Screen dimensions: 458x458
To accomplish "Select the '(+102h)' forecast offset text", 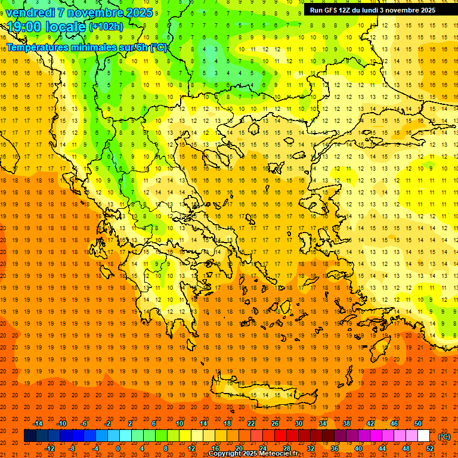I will tap(107, 27).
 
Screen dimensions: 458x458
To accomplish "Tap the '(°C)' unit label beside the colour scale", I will tap(444, 437).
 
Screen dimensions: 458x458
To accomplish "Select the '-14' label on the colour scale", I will tap(38, 423).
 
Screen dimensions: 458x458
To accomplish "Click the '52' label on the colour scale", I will tap(430, 448).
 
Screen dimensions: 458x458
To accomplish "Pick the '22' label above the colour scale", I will tap(251, 423).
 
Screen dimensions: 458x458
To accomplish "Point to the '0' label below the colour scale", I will tap(118, 448).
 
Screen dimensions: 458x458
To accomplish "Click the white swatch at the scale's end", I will tap(424, 436).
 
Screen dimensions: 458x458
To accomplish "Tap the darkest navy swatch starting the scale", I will tap(30, 436).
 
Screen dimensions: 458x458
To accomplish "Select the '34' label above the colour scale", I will tap(323, 423).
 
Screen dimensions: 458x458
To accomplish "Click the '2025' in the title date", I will tap(138, 13).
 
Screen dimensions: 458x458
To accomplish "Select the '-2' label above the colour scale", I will tap(108, 423).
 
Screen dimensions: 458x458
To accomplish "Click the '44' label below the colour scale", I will tap(382, 448).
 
